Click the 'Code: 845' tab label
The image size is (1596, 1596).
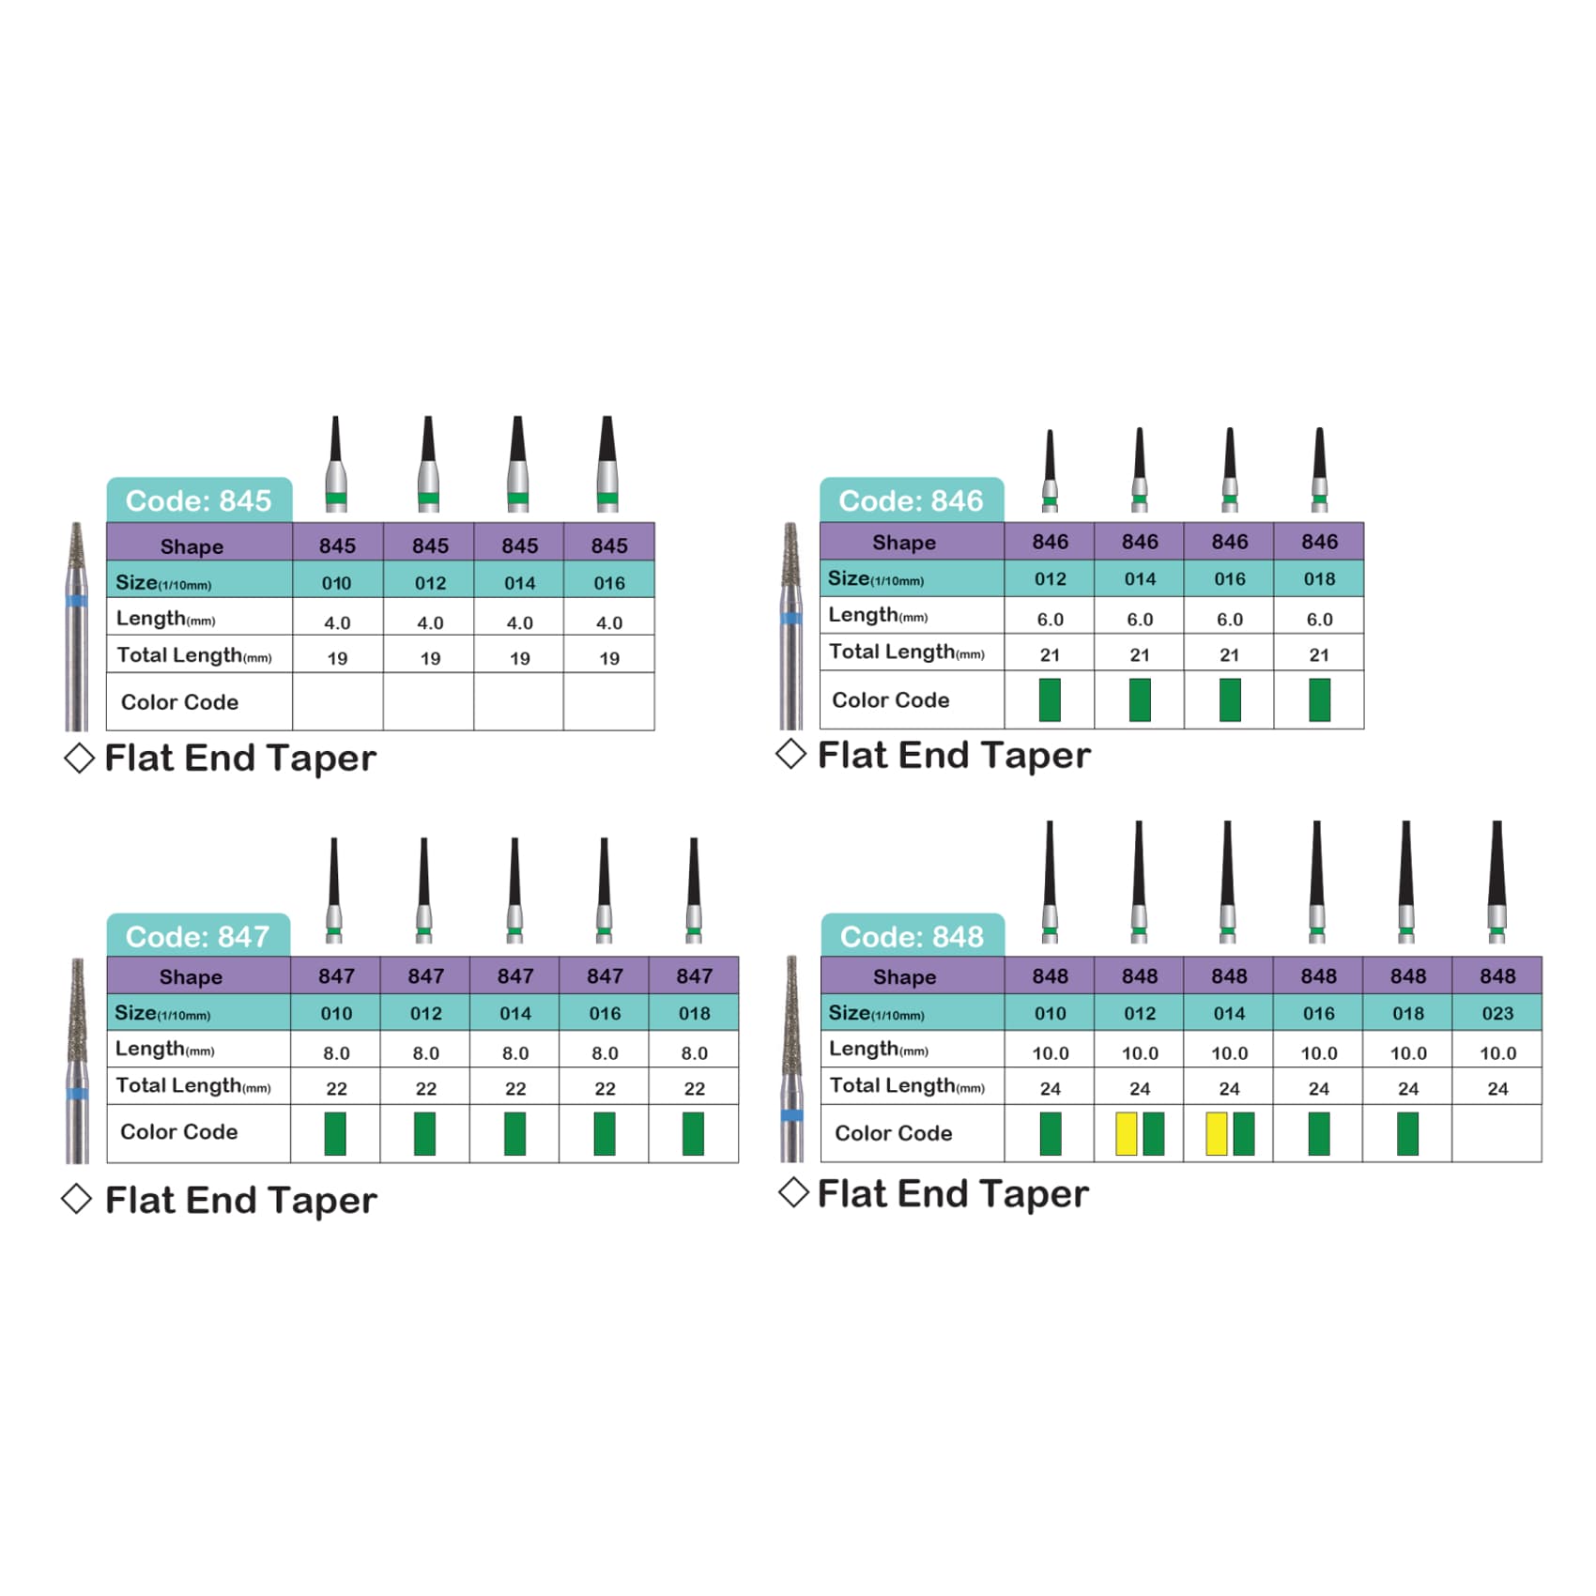coord(198,500)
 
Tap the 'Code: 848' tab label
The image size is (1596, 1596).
coord(912,936)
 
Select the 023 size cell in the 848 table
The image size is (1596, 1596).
coord(1497,1013)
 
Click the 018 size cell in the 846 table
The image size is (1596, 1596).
coord(1319,578)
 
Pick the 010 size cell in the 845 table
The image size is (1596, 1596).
coord(337,583)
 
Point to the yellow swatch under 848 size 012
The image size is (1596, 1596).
coord(1126,1133)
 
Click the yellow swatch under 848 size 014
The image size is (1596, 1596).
coord(1216,1133)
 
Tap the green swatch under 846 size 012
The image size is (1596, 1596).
coord(1050,699)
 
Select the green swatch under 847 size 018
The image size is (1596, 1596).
coord(693,1133)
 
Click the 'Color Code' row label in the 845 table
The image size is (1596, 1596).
coord(179,702)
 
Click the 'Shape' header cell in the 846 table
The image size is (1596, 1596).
coord(904,543)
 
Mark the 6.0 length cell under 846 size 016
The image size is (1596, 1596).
coord(1230,619)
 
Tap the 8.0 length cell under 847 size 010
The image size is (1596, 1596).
coord(336,1052)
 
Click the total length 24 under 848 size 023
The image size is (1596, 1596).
coord(1497,1089)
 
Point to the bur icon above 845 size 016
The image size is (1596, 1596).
coord(607,464)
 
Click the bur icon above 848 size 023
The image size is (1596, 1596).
coord(1497,882)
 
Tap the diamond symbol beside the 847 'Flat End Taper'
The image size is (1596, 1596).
coord(76,1199)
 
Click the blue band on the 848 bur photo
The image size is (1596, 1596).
coord(792,1115)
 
